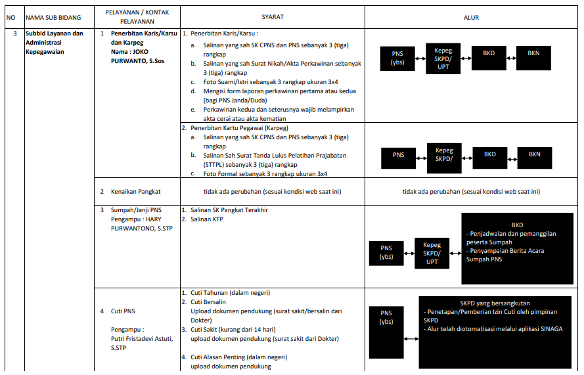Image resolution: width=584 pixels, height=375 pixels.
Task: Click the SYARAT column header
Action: (x=272, y=17)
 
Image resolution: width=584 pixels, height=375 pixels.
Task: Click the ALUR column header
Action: (x=471, y=17)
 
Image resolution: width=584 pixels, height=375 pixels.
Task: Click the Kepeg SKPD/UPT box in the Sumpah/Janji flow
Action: (x=432, y=254)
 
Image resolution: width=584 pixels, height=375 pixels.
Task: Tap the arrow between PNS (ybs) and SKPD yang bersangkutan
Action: (x=412, y=338)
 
